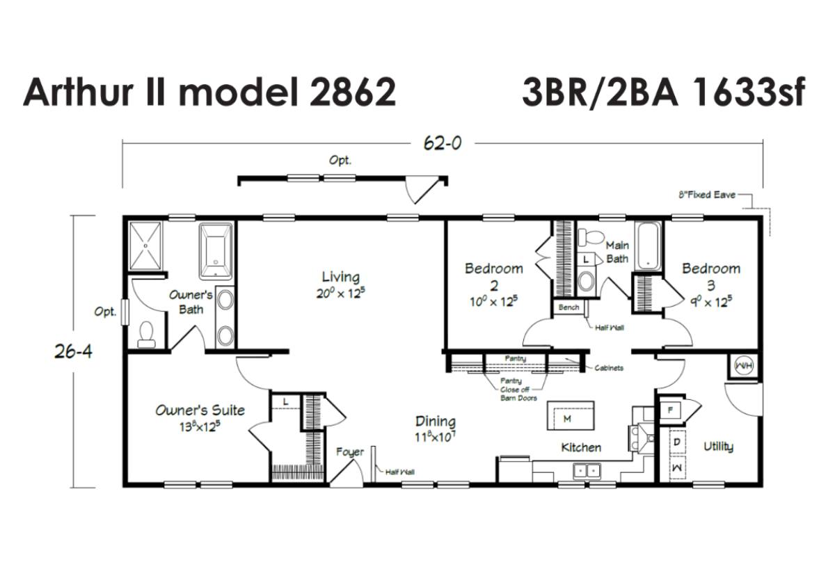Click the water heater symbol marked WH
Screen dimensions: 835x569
tap(744, 366)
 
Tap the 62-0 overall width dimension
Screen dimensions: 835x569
tap(443, 143)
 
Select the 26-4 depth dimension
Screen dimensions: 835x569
tap(74, 351)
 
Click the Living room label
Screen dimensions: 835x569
tap(341, 278)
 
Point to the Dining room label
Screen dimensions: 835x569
tap(436, 422)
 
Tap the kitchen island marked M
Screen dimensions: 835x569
tap(571, 416)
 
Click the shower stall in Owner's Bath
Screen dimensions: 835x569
tap(145, 246)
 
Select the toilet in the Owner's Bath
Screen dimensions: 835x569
tap(147, 335)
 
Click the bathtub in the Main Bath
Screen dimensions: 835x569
tap(649, 246)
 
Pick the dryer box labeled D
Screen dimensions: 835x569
tap(677, 442)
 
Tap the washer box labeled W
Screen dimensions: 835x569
tap(677, 468)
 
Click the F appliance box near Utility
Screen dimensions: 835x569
tap(671, 410)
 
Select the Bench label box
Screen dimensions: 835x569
tap(569, 307)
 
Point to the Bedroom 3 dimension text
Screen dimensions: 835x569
tap(711, 302)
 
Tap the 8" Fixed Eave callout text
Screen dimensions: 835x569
tap(707, 195)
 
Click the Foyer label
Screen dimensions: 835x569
tap(349, 452)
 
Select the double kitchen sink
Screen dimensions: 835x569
tap(587, 472)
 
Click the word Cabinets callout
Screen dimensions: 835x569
tap(609, 368)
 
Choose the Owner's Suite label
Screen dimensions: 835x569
tap(200, 410)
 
